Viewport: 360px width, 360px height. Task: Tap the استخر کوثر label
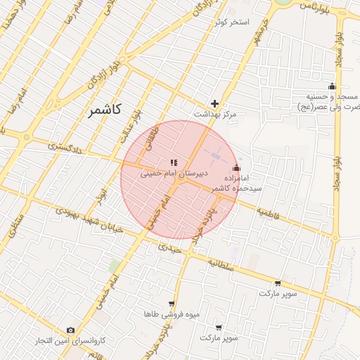[x=231, y=22]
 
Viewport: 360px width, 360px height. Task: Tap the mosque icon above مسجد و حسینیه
[x=333, y=86]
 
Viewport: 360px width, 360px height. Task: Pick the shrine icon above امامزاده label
[x=236, y=169]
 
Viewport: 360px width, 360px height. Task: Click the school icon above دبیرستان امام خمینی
[x=174, y=162]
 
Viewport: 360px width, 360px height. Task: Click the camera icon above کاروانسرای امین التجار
[x=70, y=330]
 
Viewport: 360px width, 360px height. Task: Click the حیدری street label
[x=169, y=248]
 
